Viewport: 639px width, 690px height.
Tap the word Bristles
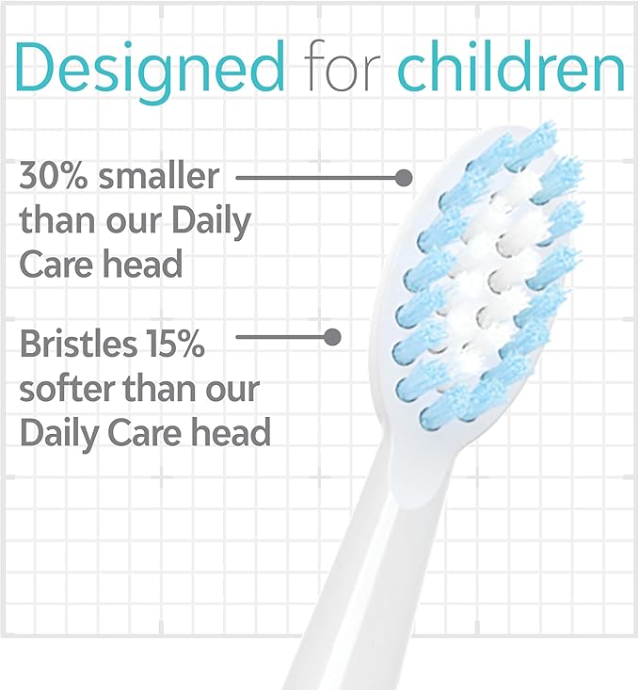coord(78,345)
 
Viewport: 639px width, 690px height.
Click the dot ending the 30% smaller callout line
coord(404,177)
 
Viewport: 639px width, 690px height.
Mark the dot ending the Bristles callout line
coord(331,336)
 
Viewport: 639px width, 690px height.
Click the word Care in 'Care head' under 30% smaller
coord(58,264)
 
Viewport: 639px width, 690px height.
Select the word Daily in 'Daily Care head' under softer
coord(59,432)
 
